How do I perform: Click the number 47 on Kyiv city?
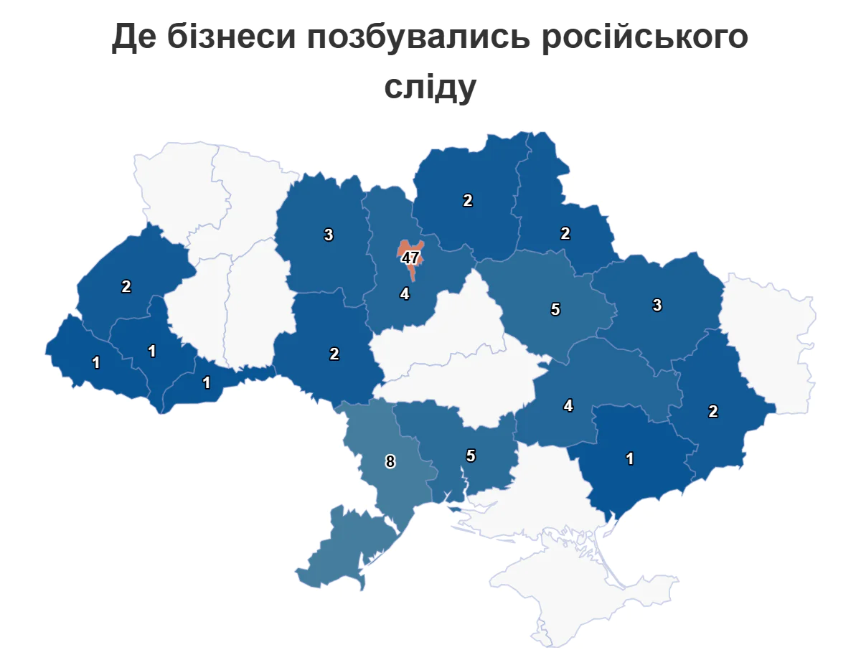coord(410,258)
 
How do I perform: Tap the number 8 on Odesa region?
coord(390,462)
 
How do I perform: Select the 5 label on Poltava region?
coord(555,310)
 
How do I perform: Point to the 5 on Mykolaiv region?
coord(471,455)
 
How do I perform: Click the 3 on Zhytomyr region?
coord(329,235)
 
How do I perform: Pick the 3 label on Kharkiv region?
coord(657,305)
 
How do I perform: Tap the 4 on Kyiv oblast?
coord(405,293)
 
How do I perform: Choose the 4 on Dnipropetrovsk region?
coord(568,406)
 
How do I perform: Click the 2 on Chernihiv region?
coord(468,201)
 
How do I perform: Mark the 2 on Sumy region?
coord(565,233)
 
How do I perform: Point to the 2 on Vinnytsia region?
coord(334,354)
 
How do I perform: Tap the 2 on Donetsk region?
coord(713,411)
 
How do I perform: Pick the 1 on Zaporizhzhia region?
coord(630,459)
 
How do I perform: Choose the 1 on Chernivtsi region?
coord(207,382)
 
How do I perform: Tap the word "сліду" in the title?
coord(430,86)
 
